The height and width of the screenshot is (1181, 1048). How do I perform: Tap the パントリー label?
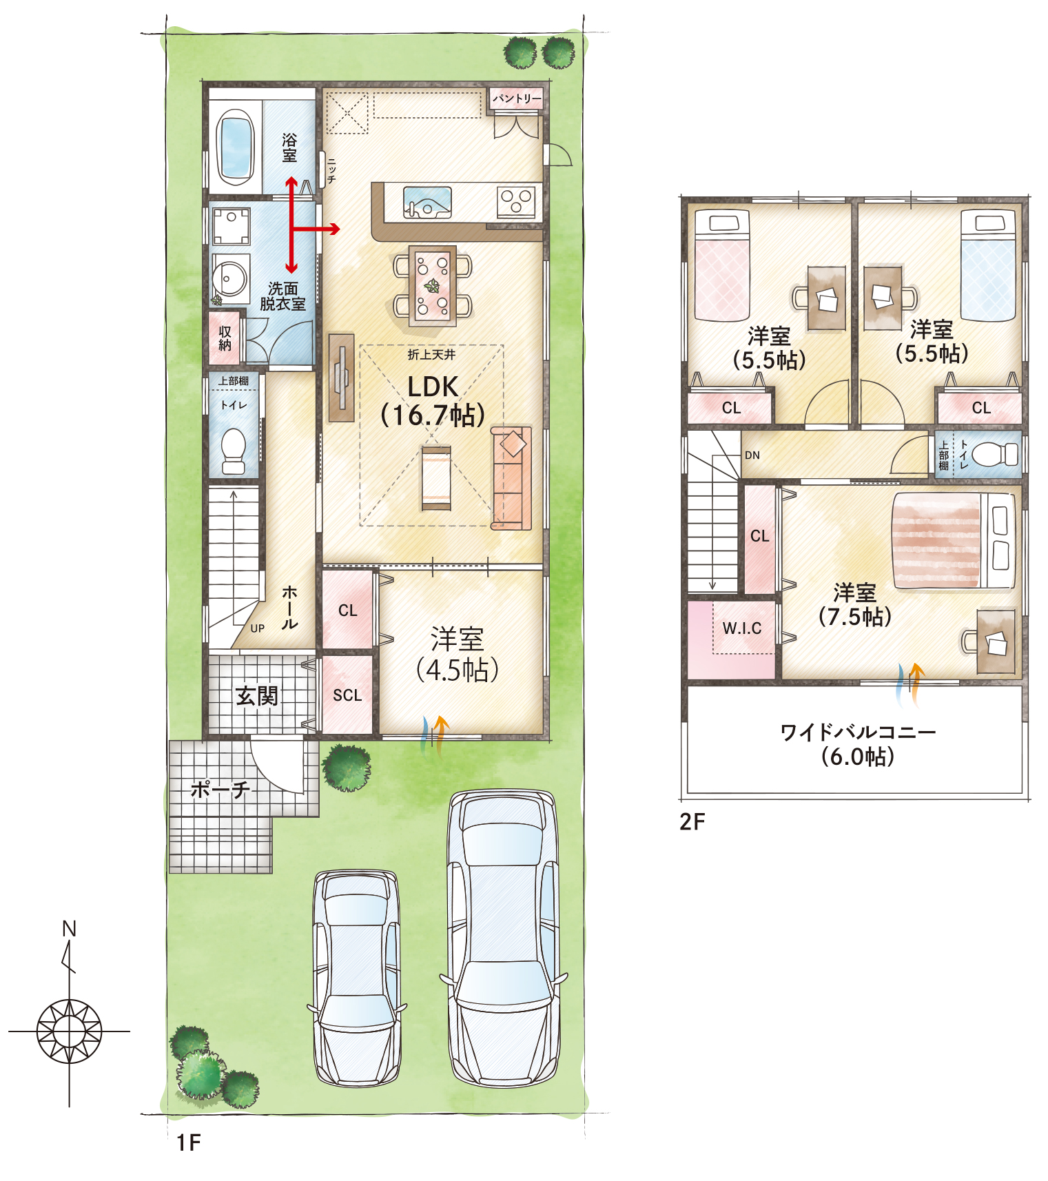point(517,99)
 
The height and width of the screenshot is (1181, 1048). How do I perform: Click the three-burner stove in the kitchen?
point(516,202)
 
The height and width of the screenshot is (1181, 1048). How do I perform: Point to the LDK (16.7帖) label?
point(433,400)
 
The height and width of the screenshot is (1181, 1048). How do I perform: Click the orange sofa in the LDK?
point(511,478)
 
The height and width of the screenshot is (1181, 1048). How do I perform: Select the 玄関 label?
point(256,696)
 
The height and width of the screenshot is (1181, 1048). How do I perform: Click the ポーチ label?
point(220,789)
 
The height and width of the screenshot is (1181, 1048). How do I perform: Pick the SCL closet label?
point(347,695)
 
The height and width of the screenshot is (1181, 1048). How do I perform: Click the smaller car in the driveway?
point(356,978)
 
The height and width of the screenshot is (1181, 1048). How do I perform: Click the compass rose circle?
point(69,1031)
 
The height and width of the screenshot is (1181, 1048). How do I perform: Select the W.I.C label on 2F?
point(742,628)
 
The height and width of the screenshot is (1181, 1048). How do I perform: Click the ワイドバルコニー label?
point(858,732)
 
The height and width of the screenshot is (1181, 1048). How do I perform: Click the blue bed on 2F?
point(989,265)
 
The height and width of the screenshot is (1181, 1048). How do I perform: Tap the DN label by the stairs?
point(752,455)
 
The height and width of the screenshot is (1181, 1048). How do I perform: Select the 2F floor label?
point(692,821)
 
